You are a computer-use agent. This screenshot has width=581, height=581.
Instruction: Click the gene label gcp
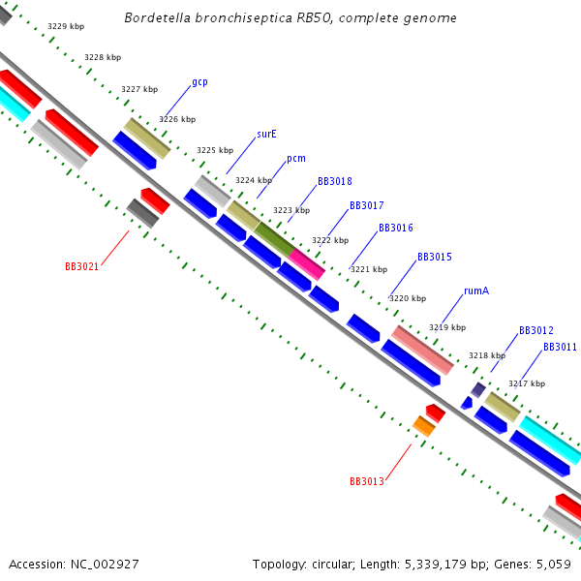[x=199, y=82]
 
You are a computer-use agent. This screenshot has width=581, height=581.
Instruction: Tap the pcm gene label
[x=296, y=159]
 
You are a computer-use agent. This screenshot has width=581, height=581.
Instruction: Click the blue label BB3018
[x=335, y=182]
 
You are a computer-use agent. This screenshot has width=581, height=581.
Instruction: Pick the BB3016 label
[x=396, y=229]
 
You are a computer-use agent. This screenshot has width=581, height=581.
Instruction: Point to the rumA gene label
[x=474, y=290]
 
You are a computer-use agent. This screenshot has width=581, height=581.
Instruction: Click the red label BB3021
[x=81, y=266]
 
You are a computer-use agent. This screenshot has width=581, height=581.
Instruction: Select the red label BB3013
[x=367, y=481]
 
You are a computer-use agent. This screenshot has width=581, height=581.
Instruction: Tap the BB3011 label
[x=560, y=347]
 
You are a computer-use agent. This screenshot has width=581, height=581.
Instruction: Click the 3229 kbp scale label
[x=65, y=27]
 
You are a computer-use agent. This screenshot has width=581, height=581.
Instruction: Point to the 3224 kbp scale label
[x=254, y=180]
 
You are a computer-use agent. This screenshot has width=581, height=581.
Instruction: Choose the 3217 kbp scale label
[x=527, y=384]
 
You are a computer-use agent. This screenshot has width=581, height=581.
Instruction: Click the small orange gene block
[x=423, y=425]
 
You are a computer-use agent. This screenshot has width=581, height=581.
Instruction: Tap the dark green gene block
[x=274, y=238]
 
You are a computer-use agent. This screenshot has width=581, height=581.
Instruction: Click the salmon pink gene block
[x=422, y=350]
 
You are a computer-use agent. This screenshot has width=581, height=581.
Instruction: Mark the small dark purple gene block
[x=478, y=389]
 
